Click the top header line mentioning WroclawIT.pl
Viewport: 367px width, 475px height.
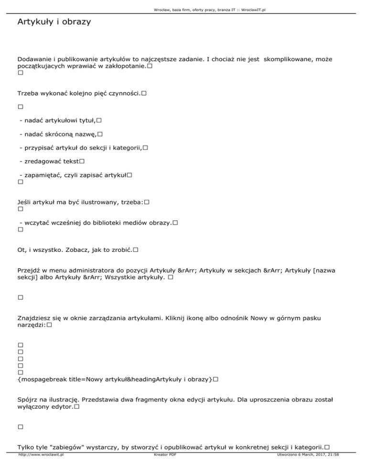(x=183, y=10)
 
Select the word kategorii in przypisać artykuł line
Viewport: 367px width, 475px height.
(x=125, y=148)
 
